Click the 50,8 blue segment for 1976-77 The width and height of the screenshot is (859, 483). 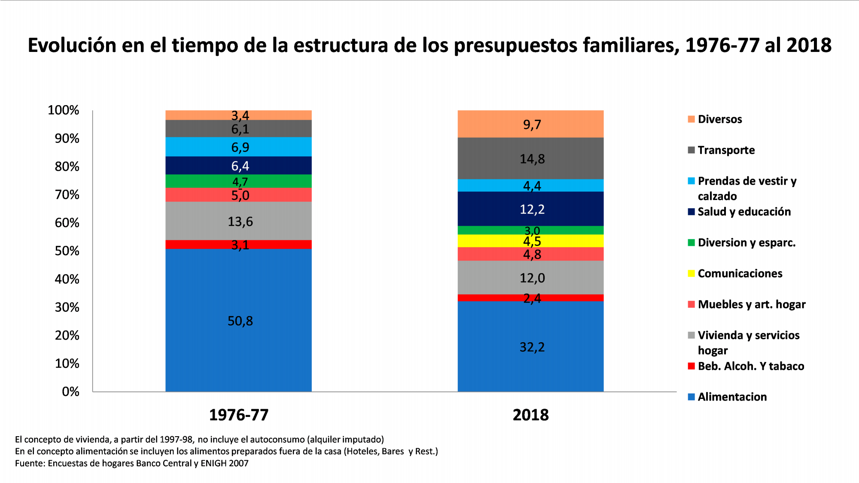click(x=238, y=320)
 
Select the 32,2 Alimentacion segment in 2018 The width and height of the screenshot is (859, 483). click(x=530, y=346)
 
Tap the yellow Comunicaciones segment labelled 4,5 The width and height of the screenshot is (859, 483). click(x=530, y=241)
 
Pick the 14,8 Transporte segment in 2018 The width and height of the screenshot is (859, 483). click(x=530, y=158)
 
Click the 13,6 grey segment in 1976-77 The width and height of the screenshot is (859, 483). click(x=238, y=221)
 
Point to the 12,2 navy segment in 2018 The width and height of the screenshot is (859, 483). click(x=530, y=209)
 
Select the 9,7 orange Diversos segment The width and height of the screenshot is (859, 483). click(x=530, y=124)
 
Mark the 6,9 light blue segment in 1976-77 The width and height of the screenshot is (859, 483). click(x=238, y=147)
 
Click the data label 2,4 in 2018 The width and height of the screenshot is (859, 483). click(x=532, y=298)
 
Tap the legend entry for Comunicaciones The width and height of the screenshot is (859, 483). click(x=740, y=273)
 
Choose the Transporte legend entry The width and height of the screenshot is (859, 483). click(x=726, y=150)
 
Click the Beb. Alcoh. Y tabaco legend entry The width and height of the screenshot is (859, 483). click(x=750, y=366)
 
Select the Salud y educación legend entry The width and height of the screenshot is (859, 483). click(x=744, y=212)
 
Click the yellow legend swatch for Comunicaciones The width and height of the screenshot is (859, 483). click(x=691, y=273)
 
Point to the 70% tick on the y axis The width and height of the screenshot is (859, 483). click(x=67, y=194)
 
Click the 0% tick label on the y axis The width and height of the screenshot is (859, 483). click(x=70, y=392)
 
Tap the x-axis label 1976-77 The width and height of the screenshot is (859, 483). click(x=238, y=415)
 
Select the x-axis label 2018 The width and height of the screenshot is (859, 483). click(x=530, y=415)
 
